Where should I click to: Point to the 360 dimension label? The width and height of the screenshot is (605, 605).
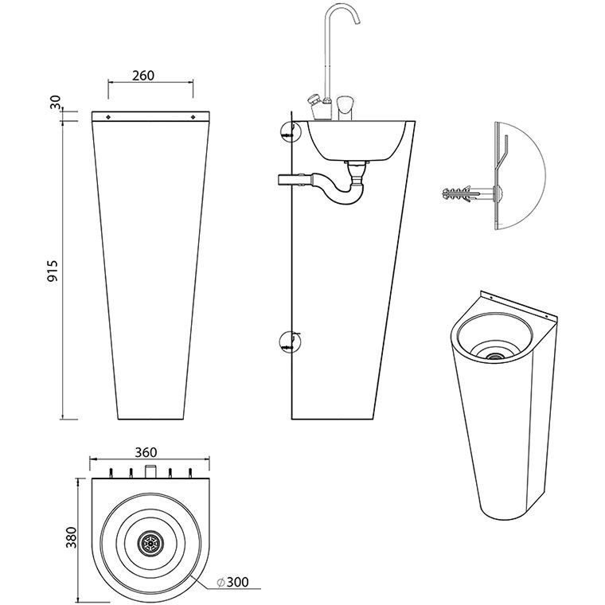[145, 451]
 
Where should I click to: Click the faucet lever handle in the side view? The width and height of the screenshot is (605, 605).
[345, 104]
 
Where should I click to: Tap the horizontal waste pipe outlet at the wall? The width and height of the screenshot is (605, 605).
[287, 178]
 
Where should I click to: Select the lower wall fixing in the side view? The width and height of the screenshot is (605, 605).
[288, 342]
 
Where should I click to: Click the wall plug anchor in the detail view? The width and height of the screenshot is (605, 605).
[462, 193]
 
